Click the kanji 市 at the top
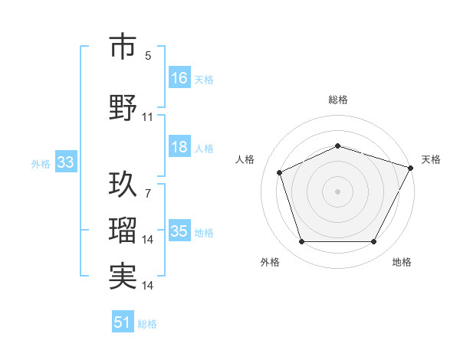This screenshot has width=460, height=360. coord(123,47)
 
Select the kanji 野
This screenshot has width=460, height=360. coord(123,107)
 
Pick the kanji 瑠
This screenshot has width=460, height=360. coord(123,230)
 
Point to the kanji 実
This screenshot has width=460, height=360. coord(123,276)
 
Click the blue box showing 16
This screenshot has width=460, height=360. coord(179,78)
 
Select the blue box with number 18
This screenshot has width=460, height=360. coord(179,147)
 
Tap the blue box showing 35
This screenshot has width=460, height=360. coord(179,231)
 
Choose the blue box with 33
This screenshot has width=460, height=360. coord(65,162)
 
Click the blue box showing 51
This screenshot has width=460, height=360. coord(123,322)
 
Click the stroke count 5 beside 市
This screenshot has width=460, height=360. coord(148,56)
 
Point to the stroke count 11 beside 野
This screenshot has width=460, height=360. coord(148,117)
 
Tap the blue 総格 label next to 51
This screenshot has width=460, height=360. coord(147,324)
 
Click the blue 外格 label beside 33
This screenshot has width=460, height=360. coord(40,163)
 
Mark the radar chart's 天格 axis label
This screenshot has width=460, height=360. coord(431,159)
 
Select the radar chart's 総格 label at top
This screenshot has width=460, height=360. coord(338,100)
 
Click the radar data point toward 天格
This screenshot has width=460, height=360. coord(412,167)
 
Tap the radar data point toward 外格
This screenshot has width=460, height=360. coord(301,242)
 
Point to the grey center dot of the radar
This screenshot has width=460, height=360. coord(338,191)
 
